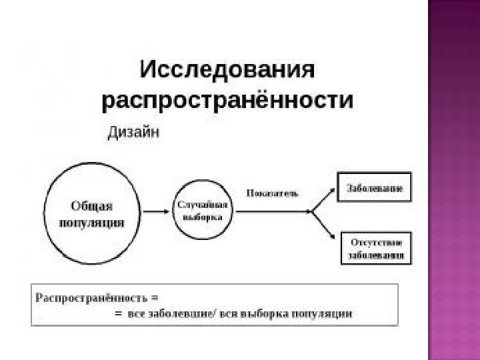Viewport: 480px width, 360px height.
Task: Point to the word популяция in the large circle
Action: tap(92, 222)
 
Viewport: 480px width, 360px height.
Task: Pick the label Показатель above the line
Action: tap(272, 193)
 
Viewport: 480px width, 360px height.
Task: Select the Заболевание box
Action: tap(374, 189)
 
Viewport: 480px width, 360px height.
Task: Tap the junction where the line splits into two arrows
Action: tap(312, 212)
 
